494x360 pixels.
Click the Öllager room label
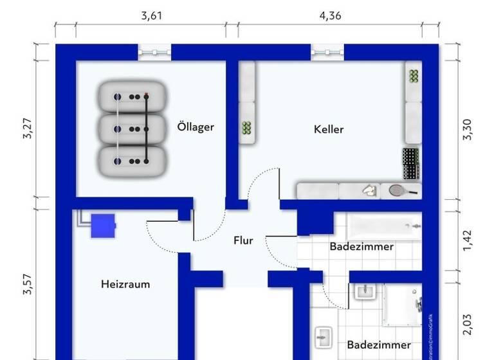pyautogui.click(x=196, y=127)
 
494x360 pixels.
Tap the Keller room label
pyautogui.click(x=329, y=129)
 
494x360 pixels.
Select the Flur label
pyautogui.click(x=243, y=241)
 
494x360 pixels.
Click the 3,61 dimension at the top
pyautogui.click(x=151, y=17)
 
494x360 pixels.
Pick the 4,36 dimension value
pyautogui.click(x=330, y=17)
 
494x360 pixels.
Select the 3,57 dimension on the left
pyautogui.click(x=27, y=284)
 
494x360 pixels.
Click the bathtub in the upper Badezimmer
pyautogui.click(x=384, y=226)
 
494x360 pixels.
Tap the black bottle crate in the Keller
pyautogui.click(x=410, y=164)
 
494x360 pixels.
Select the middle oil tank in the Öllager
pyautogui.click(x=133, y=129)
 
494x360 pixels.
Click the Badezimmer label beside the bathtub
pyautogui.click(x=361, y=246)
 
